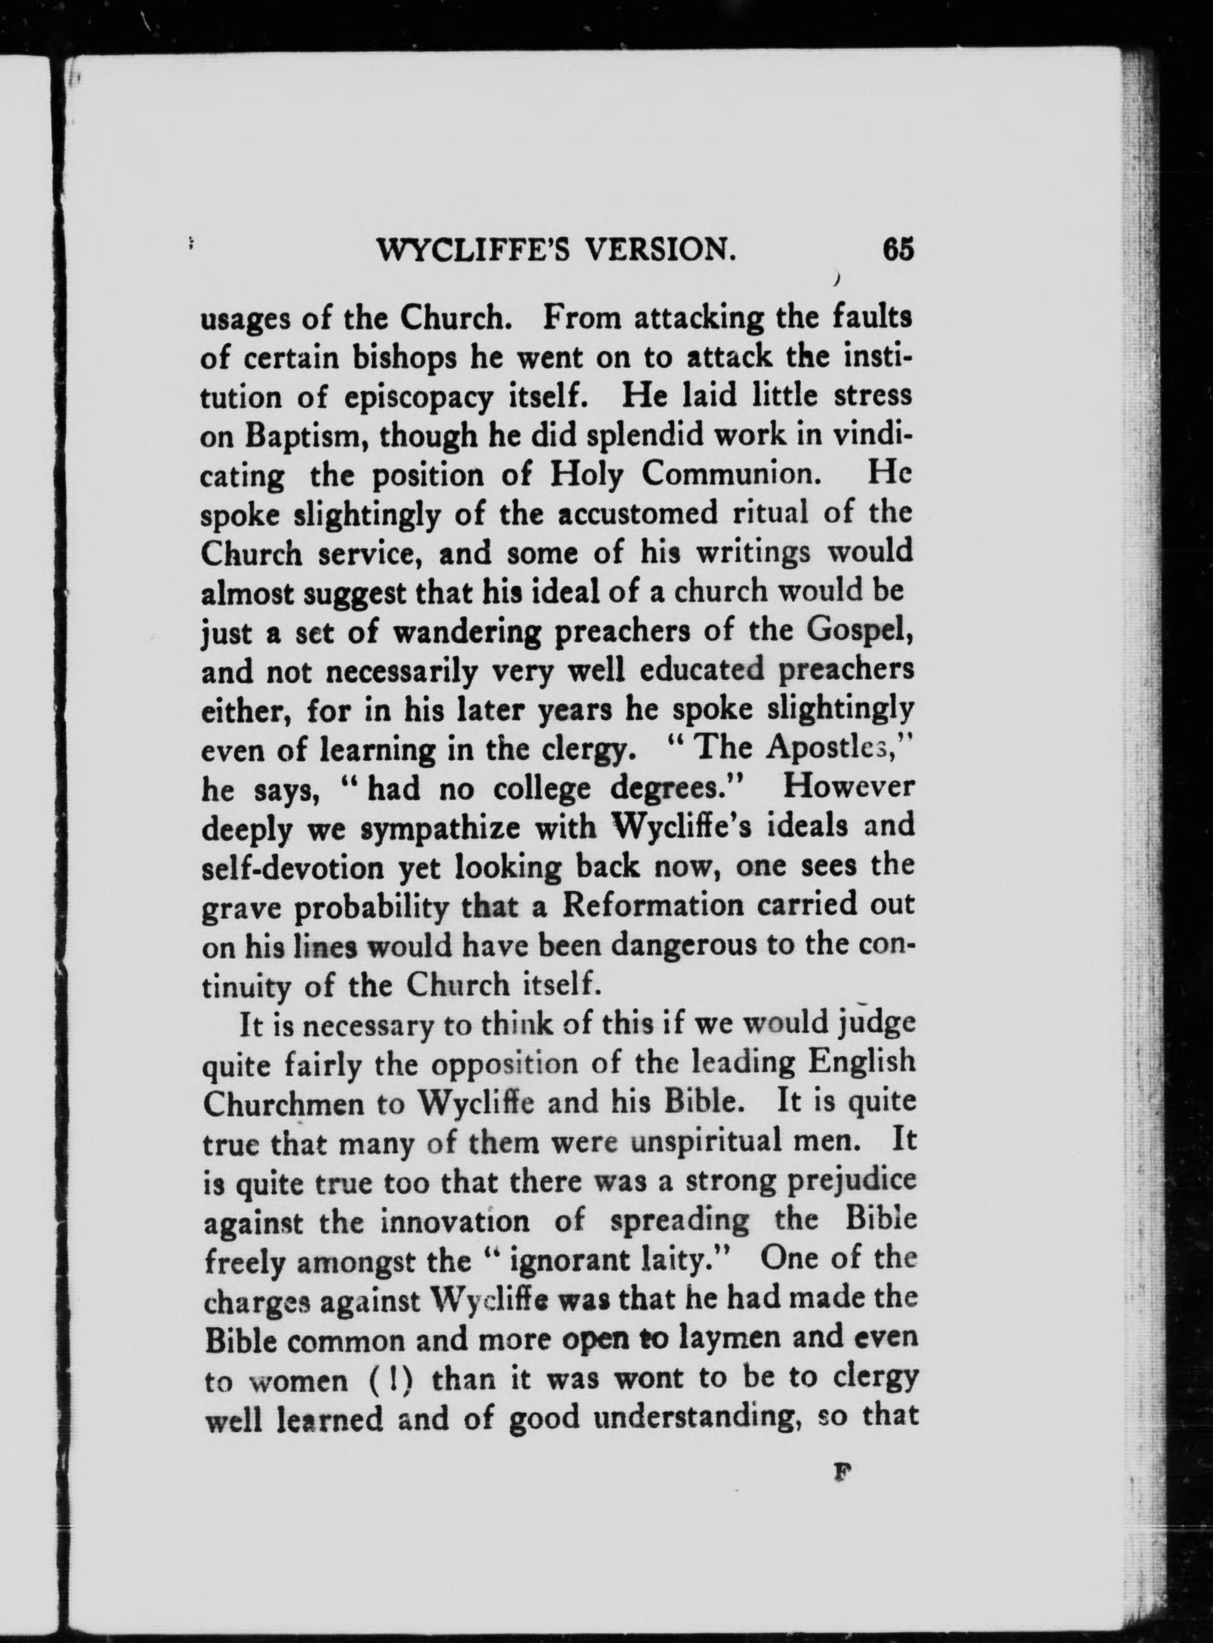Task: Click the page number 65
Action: [898, 250]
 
